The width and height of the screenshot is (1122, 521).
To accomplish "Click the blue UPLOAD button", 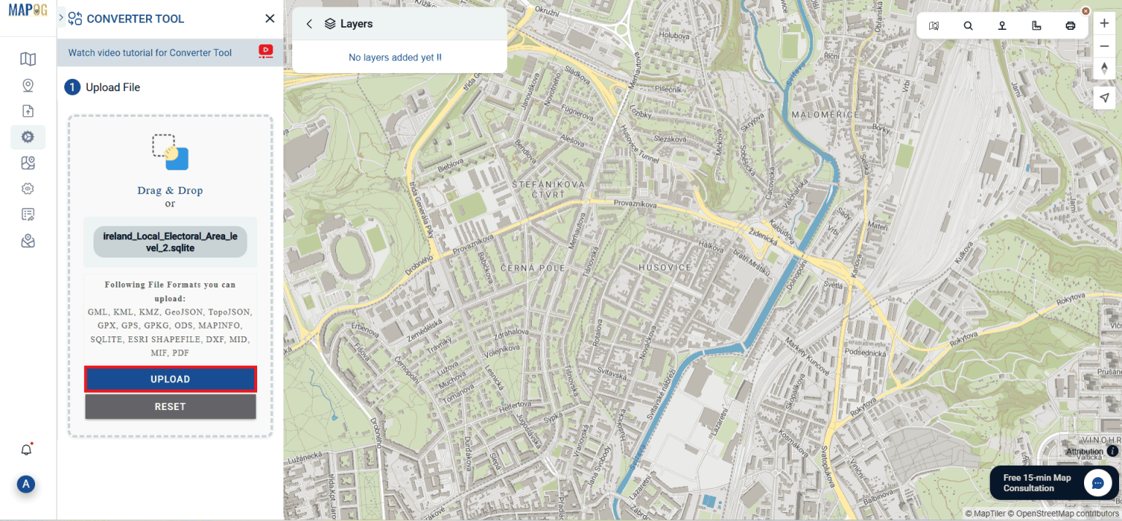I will pyautogui.click(x=170, y=379).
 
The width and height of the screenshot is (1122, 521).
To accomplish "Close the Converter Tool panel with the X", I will pyautogui.click(x=270, y=19).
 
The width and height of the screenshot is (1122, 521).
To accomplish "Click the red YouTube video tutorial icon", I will pyautogui.click(x=265, y=51).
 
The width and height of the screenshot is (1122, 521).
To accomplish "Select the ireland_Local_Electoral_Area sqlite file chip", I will pyautogui.click(x=170, y=242).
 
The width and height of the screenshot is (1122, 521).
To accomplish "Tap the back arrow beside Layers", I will pyautogui.click(x=309, y=24).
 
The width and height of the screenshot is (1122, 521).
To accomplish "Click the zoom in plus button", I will pyautogui.click(x=1104, y=23).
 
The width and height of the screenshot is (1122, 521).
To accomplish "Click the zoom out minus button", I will pyautogui.click(x=1104, y=47).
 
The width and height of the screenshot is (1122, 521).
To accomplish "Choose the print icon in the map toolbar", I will pyautogui.click(x=1070, y=26).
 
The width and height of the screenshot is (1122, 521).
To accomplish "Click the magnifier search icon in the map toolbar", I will pyautogui.click(x=968, y=26).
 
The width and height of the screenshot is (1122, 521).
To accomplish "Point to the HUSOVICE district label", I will pyautogui.click(x=665, y=268).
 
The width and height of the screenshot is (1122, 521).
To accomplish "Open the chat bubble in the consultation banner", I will pyautogui.click(x=1097, y=483).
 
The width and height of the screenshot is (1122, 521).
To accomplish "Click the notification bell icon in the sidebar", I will pyautogui.click(x=26, y=449).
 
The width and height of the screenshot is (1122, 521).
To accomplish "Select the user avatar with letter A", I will pyautogui.click(x=26, y=484).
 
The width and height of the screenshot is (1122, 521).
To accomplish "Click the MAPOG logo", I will pyautogui.click(x=28, y=11).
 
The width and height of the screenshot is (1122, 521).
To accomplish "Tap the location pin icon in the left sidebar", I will pyautogui.click(x=28, y=85).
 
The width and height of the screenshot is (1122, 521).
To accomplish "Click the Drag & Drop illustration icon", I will pyautogui.click(x=170, y=152).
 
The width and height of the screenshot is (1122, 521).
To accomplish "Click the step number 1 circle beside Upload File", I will pyautogui.click(x=72, y=88).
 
